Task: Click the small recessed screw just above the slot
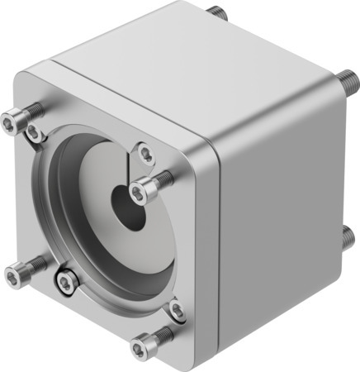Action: (145, 152)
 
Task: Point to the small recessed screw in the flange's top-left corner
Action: (33, 132)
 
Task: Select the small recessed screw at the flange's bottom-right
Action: (176, 310)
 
